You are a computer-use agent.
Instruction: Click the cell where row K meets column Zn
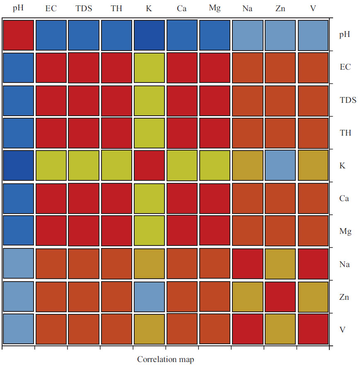[280, 165]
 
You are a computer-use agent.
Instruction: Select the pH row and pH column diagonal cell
[18, 34]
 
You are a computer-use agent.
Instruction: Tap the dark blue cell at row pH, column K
[149, 34]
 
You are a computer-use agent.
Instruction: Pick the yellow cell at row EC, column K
[149, 67]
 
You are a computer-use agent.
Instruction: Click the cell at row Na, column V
[313, 264]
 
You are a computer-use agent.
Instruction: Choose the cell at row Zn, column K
[149, 297]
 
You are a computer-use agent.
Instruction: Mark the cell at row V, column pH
[18, 329]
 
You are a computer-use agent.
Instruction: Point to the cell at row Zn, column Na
[247, 297]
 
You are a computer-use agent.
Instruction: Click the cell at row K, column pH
[18, 165]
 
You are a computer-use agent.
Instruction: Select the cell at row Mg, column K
[149, 231]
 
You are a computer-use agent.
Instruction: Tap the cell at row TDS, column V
[313, 100]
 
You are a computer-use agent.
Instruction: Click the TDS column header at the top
[84, 8]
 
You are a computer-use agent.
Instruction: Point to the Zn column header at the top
[280, 8]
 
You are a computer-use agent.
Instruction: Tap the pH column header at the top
[18, 8]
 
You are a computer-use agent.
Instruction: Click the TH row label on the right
[345, 133]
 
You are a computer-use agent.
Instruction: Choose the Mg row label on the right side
[346, 231]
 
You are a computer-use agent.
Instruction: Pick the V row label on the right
[342, 330]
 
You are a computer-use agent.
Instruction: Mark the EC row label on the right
[345, 67]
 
